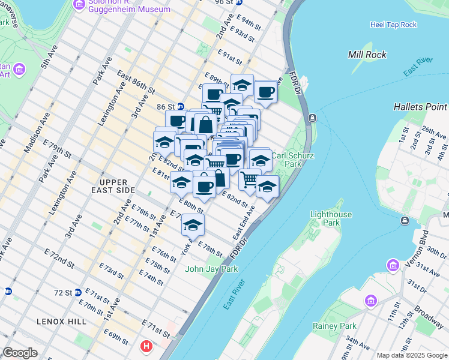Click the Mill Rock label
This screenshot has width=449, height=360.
pos(365,55)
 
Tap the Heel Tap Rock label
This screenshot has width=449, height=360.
pos(393,25)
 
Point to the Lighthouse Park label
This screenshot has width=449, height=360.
pos(334,218)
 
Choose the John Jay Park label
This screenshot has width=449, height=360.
pos(211,269)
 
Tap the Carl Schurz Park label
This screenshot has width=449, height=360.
pos(286,159)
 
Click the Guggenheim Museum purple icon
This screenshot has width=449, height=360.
pos(79,5)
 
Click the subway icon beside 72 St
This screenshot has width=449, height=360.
pos(8,292)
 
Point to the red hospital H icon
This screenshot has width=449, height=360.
pos(146,346)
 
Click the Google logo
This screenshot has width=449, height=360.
pos(20,353)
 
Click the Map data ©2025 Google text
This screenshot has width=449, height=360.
pos(411,355)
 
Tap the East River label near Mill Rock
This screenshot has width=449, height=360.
pos(418,67)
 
